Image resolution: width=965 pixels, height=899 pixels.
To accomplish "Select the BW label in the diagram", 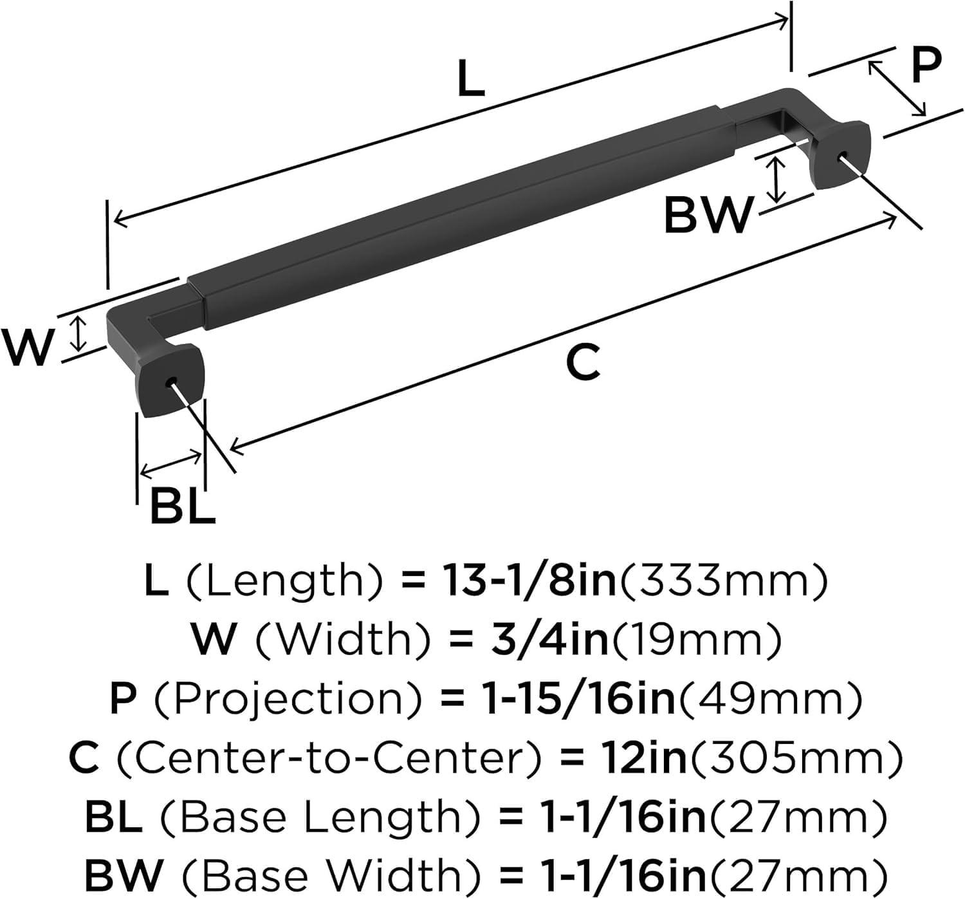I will pyautogui.click(x=708, y=216).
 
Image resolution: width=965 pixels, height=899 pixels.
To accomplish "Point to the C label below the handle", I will pyautogui.click(x=583, y=362).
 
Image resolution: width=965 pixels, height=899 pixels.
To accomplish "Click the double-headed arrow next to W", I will pyautogui.click(x=78, y=333).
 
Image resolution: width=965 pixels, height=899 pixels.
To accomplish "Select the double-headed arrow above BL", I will pyautogui.click(x=171, y=463).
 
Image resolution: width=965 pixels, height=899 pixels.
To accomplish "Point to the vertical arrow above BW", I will pyautogui.click(x=778, y=180).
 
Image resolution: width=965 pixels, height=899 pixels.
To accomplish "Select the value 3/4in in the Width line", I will pyautogui.click(x=544, y=640).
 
